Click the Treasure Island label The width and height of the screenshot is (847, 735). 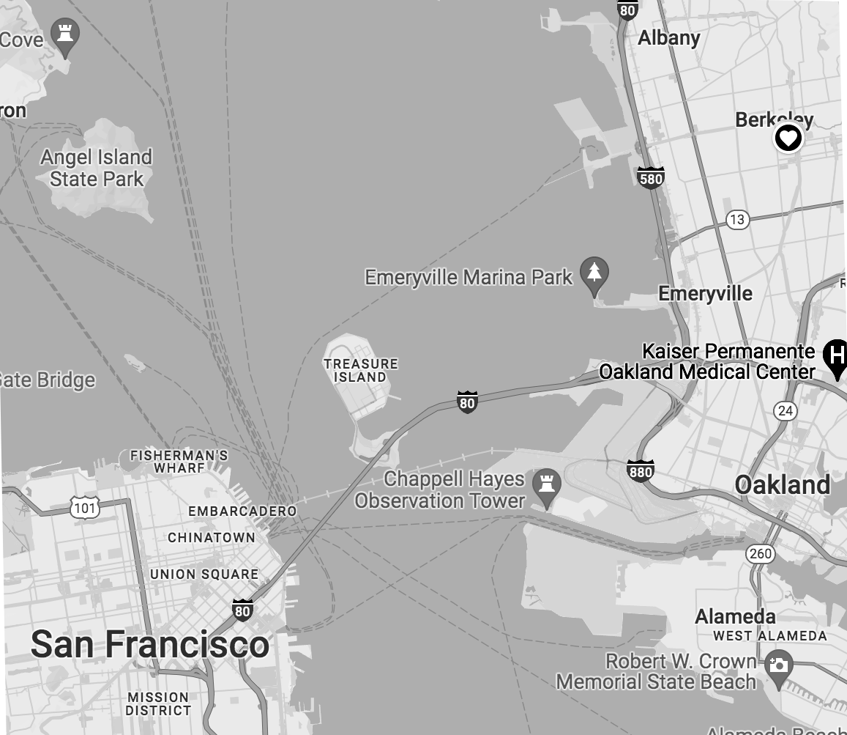pyautogui.click(x=361, y=370)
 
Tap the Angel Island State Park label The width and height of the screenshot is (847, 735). pyautogui.click(x=96, y=168)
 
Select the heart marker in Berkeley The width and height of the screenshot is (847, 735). pyautogui.click(x=788, y=138)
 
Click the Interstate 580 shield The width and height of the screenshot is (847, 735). pyautogui.click(x=650, y=177)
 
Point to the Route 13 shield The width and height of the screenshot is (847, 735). pyautogui.click(x=737, y=219)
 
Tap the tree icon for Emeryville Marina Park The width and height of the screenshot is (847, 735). pyautogui.click(x=594, y=273)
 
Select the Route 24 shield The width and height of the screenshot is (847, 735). pyautogui.click(x=786, y=410)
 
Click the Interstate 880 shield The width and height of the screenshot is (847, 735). pyautogui.click(x=640, y=471)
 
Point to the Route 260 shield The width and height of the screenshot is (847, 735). pyautogui.click(x=761, y=553)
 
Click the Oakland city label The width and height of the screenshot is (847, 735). pyautogui.click(x=782, y=484)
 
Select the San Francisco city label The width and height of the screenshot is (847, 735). pyautogui.click(x=150, y=644)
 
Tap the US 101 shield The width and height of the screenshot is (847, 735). pyautogui.click(x=85, y=507)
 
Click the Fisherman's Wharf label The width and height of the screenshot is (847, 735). pyautogui.click(x=179, y=462)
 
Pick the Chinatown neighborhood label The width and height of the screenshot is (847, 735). pyautogui.click(x=211, y=537)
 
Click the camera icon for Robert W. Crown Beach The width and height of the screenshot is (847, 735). pyautogui.click(x=778, y=665)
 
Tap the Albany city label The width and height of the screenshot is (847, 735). pyautogui.click(x=668, y=37)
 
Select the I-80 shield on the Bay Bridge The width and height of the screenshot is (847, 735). pyautogui.click(x=467, y=402)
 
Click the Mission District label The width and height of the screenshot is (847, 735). pyautogui.click(x=157, y=703)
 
